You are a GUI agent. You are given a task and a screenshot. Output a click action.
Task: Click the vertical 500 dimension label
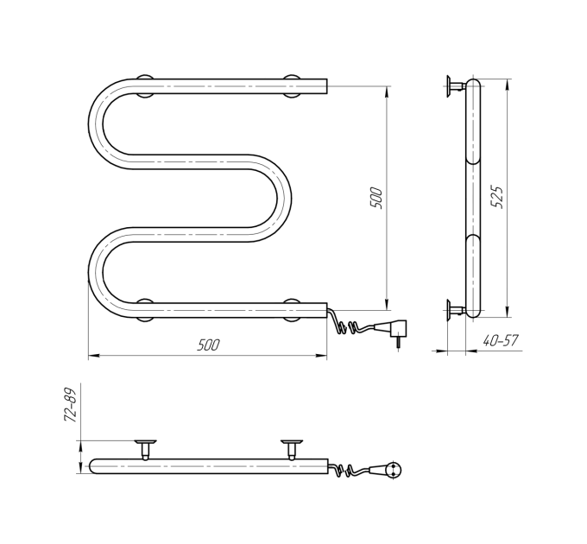(376, 198)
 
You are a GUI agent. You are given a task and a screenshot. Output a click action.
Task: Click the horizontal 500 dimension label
(208, 345)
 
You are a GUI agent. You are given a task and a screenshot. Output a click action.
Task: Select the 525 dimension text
(497, 197)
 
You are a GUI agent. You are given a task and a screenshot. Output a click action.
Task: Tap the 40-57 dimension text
(501, 341)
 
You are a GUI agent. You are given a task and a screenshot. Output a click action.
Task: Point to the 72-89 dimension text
(71, 404)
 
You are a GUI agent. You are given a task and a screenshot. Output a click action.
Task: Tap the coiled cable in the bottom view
(349, 470)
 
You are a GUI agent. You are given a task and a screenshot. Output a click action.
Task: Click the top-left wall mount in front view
(144, 86)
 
